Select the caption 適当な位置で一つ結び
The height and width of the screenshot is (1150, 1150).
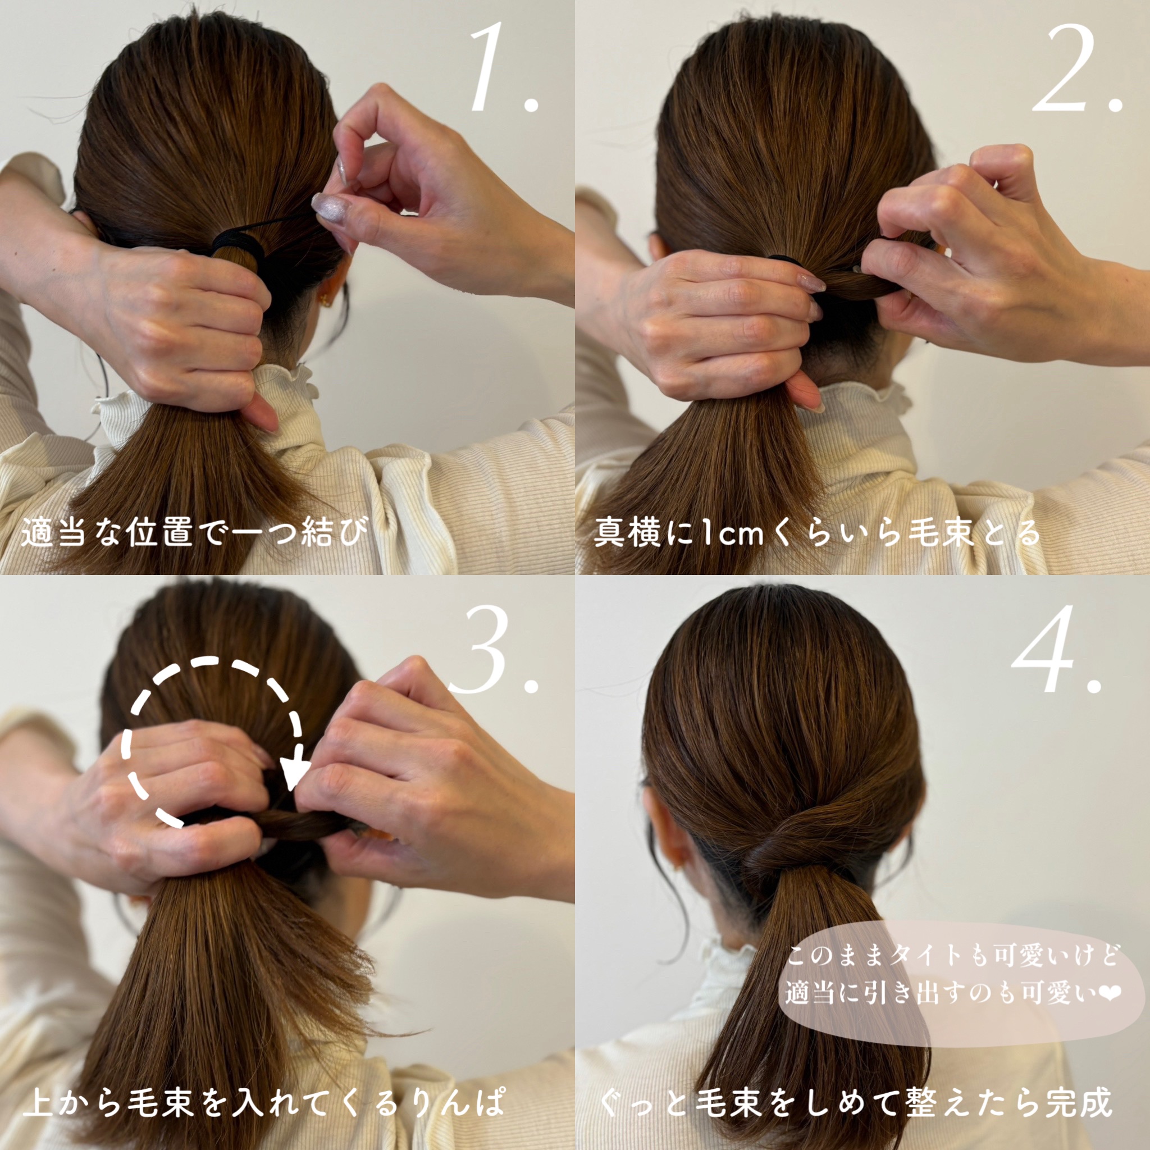192,532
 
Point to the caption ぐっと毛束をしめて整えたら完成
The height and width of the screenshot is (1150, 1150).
856,1101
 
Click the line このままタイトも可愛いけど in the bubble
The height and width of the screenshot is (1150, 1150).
952,955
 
